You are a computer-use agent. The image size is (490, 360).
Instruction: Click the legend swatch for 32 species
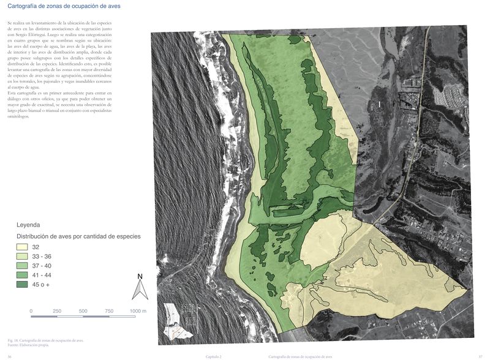[x=23, y=247]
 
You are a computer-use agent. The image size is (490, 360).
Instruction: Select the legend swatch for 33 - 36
[x=23, y=256]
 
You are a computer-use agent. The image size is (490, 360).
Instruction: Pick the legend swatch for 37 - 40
[x=23, y=266]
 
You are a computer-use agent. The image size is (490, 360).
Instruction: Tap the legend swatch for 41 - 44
[x=23, y=275]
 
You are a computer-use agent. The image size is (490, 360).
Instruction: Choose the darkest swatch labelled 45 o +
[x=23, y=285]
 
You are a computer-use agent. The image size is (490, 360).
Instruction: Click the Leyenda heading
[x=28, y=225]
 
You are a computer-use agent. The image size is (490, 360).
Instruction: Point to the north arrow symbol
[x=140, y=289]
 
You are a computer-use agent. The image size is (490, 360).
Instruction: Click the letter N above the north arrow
[x=140, y=277]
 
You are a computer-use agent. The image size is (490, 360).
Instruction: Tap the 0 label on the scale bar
[x=31, y=311]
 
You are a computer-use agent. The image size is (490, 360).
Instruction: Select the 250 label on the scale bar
[x=57, y=311]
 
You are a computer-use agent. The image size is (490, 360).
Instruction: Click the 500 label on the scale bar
[x=83, y=311]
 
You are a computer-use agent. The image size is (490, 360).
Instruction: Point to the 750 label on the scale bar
[x=110, y=311]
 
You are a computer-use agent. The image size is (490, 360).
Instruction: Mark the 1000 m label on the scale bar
[x=138, y=311]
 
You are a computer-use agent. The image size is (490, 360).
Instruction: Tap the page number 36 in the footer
[x=9, y=356]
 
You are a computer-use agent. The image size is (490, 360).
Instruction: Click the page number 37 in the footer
[x=480, y=356]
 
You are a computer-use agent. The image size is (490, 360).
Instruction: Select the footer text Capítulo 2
[x=213, y=356]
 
